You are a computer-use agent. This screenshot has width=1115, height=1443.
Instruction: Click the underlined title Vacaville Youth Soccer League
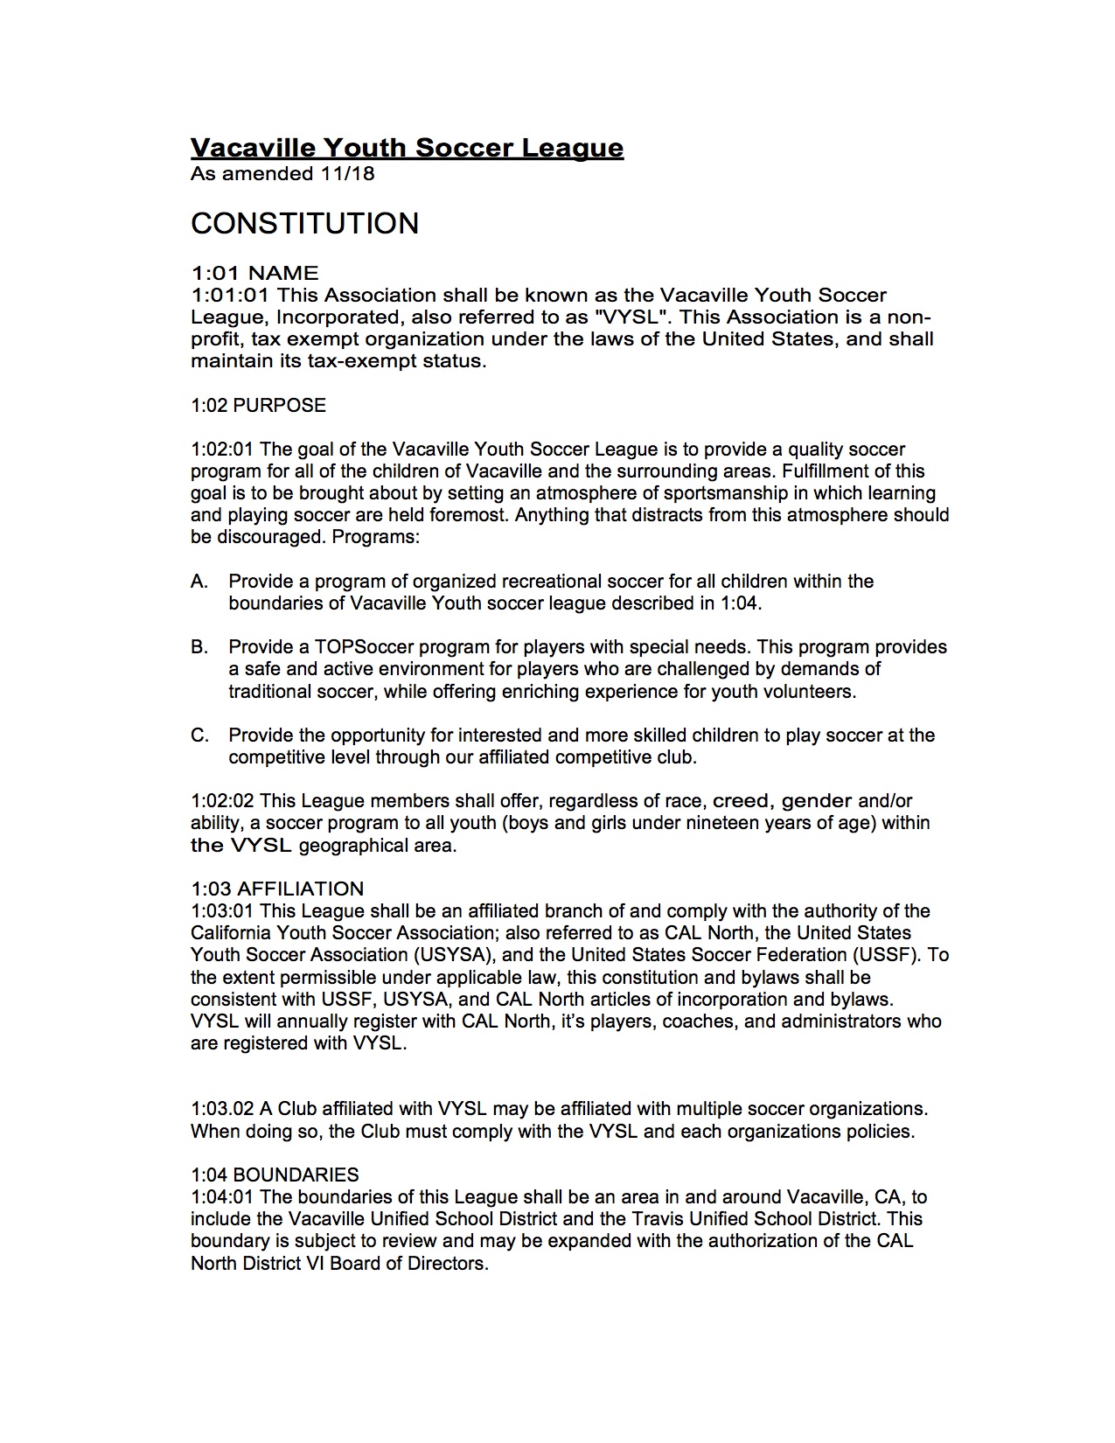(x=407, y=147)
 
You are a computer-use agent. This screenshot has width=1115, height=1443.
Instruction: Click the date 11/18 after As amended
(x=347, y=173)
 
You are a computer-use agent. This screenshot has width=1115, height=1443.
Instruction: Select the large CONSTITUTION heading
(x=304, y=223)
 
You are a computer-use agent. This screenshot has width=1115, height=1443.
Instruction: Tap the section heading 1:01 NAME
(x=254, y=273)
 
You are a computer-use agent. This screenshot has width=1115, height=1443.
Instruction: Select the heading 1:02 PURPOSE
(x=258, y=405)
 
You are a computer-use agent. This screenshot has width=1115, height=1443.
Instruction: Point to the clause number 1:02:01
(x=222, y=450)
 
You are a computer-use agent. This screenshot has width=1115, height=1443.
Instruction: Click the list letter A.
(x=199, y=582)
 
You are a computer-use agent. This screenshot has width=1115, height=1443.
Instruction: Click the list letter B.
(x=199, y=647)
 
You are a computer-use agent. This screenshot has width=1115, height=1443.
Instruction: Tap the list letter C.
(x=199, y=735)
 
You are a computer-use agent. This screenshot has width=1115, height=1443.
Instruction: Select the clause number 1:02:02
(x=222, y=801)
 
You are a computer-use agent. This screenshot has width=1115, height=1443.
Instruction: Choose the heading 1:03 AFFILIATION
(x=277, y=889)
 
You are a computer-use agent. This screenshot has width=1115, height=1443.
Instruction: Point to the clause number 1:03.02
(x=222, y=1109)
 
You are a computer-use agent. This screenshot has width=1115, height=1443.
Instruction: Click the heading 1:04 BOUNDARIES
(x=275, y=1175)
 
